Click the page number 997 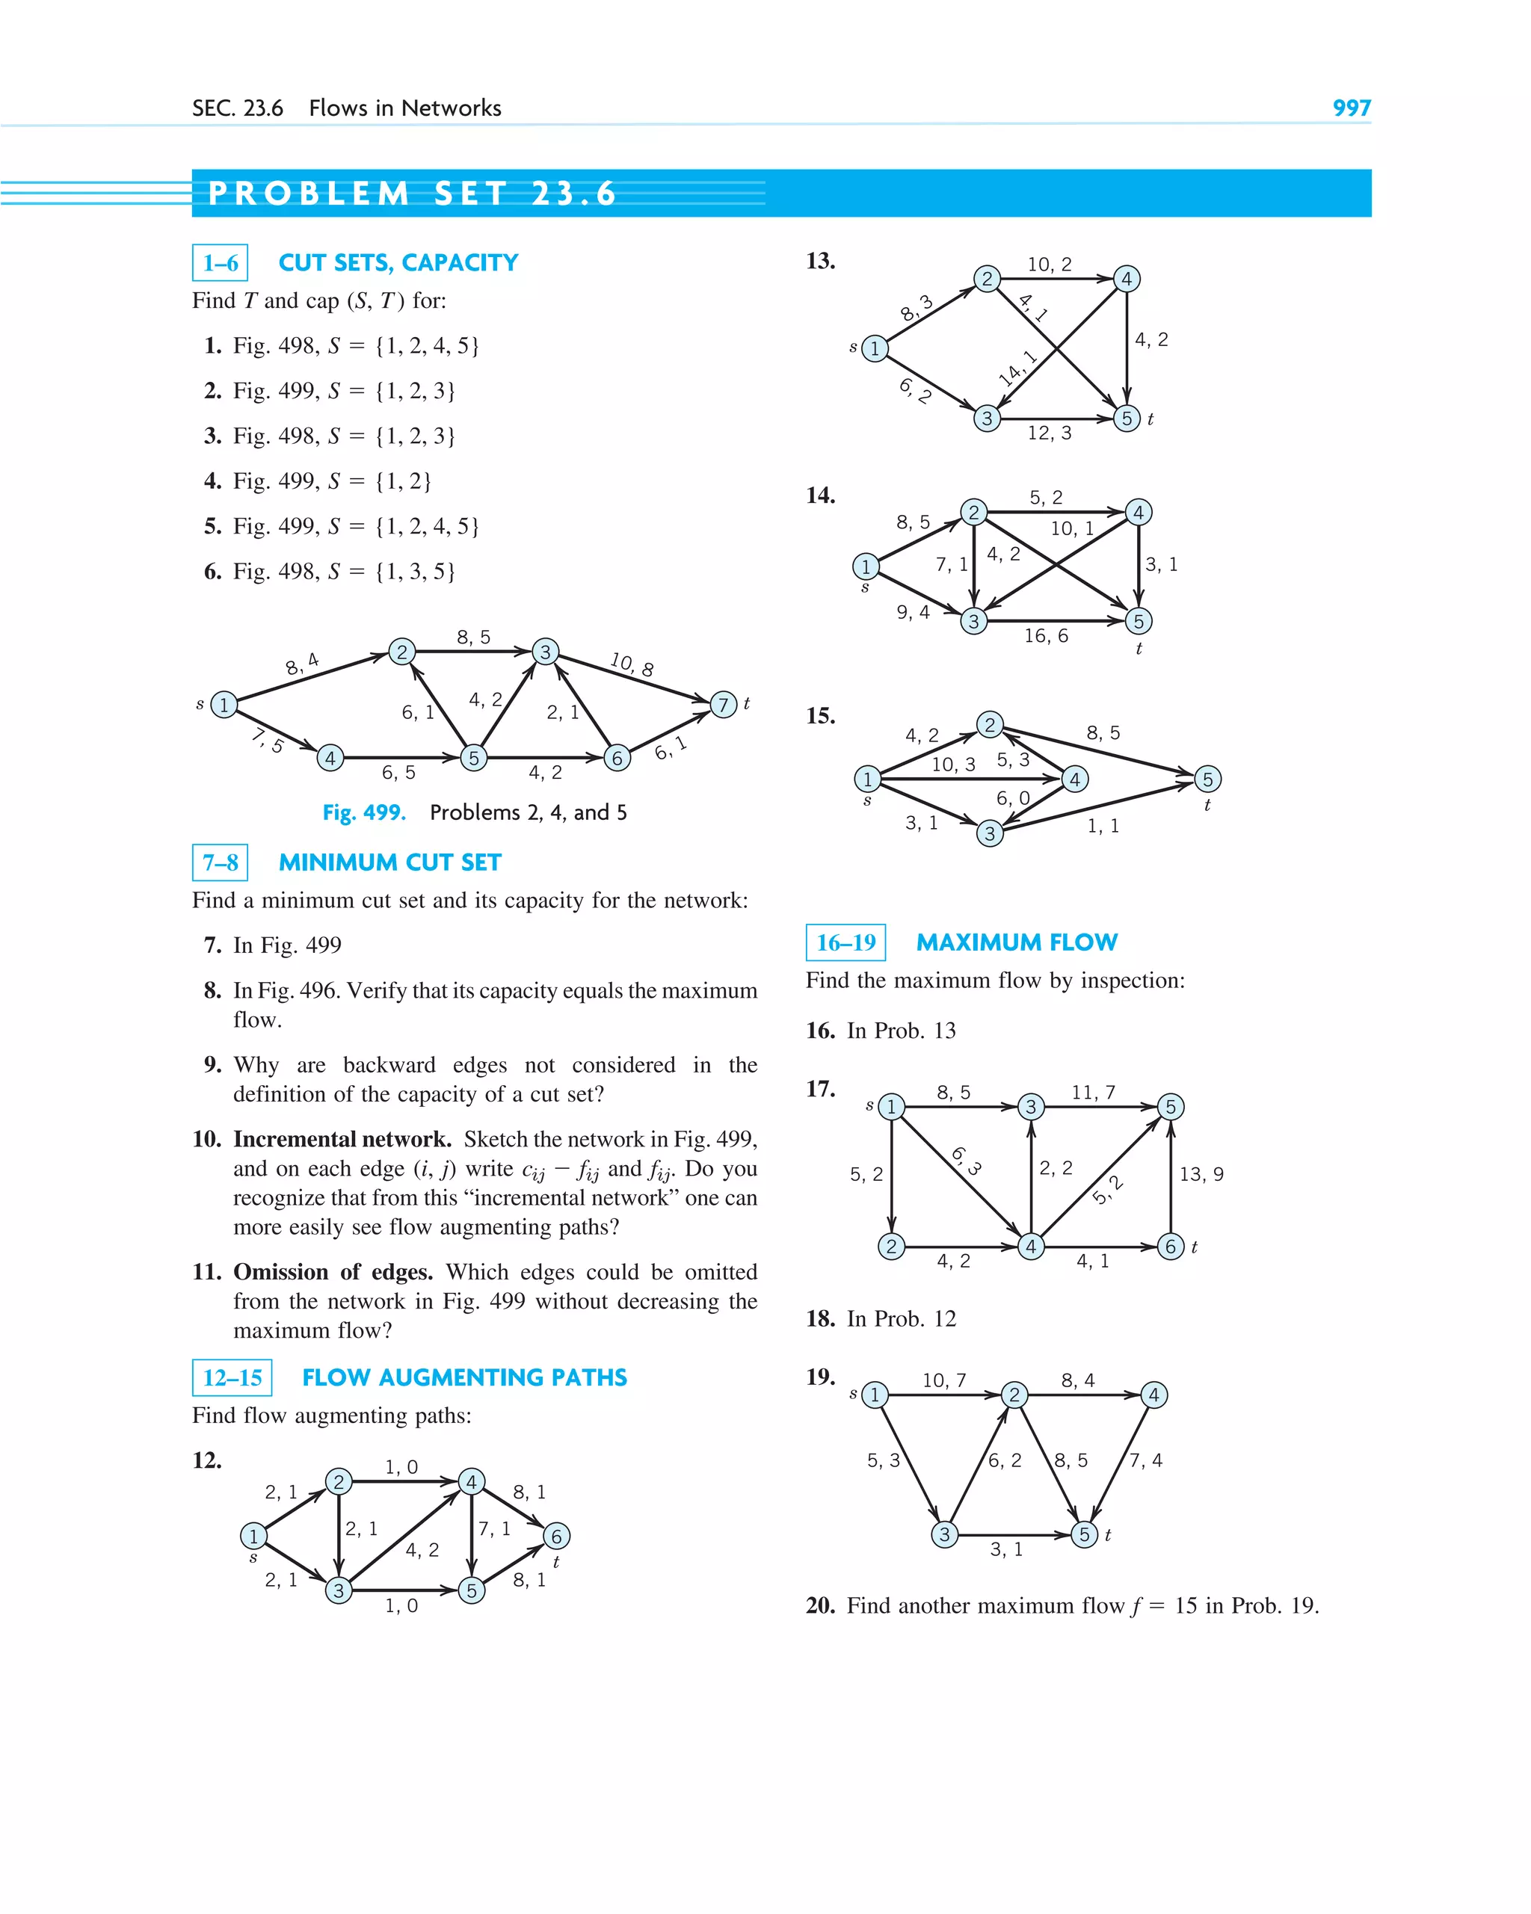[x=1351, y=108]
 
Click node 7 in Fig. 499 [x=724, y=705]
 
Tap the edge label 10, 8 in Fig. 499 [x=632, y=664]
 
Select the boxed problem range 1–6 [x=221, y=263]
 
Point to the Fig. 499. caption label [x=364, y=812]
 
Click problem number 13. [x=819, y=261]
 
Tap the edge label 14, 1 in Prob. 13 [x=1017, y=368]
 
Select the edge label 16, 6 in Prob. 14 [x=1046, y=635]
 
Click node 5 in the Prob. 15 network [x=1207, y=780]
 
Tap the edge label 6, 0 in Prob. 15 [x=1012, y=798]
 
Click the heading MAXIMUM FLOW [x=1017, y=942]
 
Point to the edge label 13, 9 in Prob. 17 [x=1201, y=1175]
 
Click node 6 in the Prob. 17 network [x=1171, y=1247]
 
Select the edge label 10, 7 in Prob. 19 [x=944, y=1380]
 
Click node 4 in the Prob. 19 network [x=1153, y=1395]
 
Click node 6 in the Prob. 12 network [x=556, y=1536]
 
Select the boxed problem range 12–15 [x=232, y=1378]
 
